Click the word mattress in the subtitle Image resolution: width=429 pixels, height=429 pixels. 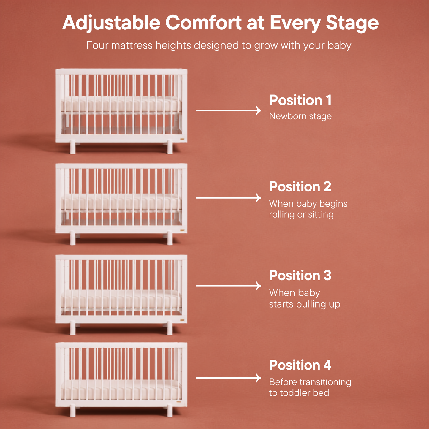point(132,45)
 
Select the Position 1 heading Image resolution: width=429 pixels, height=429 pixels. point(300,100)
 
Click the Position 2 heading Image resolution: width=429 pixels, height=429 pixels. point(300,186)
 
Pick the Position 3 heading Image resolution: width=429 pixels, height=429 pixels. point(300,276)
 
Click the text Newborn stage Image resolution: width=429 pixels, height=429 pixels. point(300,116)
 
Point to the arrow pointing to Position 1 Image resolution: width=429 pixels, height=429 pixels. point(228,110)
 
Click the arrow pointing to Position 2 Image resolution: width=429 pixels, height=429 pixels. point(228,198)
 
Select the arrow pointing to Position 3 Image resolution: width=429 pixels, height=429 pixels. point(228,286)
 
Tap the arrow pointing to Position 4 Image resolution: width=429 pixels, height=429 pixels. point(228,378)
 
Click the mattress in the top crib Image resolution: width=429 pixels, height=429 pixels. point(121,104)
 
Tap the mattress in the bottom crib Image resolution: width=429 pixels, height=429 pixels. point(121,390)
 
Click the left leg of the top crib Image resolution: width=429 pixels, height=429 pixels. point(73,147)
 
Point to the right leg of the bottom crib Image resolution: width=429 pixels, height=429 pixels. point(170,411)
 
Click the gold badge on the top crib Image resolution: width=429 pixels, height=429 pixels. point(182,139)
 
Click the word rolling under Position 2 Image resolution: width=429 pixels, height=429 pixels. point(282,214)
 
